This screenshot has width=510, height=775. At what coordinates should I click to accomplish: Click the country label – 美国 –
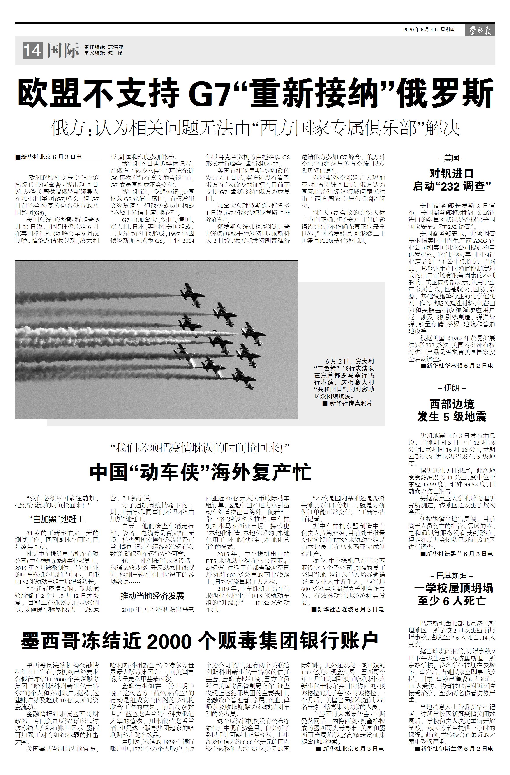[451, 159]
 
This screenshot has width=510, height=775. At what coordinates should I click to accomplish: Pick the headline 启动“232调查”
[451, 186]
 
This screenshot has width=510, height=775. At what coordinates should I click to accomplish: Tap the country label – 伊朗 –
[451, 388]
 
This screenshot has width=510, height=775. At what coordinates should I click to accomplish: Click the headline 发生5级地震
[451, 417]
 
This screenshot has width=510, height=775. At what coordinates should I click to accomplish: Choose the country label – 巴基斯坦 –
[451, 576]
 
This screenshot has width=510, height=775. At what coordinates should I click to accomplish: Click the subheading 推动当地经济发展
[152, 596]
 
